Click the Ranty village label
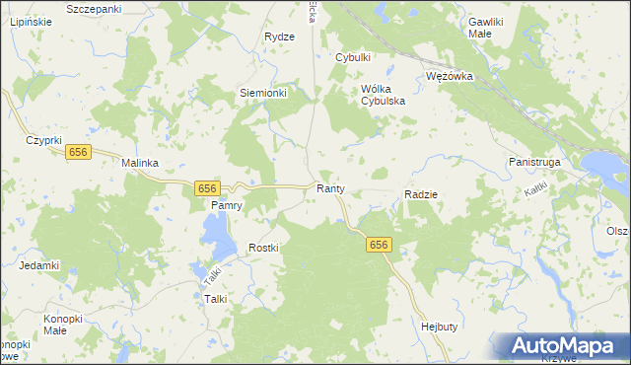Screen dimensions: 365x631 [329, 188]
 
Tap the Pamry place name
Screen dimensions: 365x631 [227, 205]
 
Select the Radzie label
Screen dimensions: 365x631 [421, 195]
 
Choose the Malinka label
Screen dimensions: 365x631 [140, 164]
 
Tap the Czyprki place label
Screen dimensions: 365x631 [44, 141]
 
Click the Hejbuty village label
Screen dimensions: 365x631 [440, 326]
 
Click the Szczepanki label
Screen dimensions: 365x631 [93, 9]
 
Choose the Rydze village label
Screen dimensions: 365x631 [280, 36]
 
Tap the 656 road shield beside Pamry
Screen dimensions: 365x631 [205, 187]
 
